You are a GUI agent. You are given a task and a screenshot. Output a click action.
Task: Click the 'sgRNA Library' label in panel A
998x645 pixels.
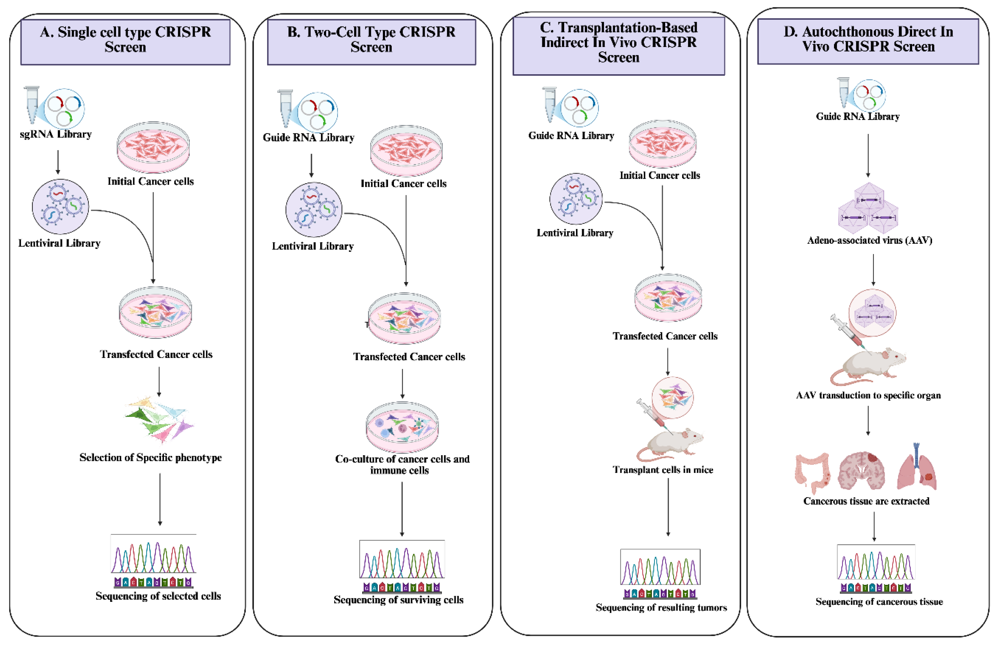point(56,134)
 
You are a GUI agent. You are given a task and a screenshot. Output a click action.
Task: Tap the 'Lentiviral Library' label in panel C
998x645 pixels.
point(575,233)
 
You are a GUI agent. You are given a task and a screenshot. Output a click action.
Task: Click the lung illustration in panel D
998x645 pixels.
point(917,469)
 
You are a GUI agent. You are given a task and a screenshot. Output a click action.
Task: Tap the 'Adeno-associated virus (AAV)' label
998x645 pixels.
point(869,240)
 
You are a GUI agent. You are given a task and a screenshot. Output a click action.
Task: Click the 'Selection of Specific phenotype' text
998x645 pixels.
point(150,457)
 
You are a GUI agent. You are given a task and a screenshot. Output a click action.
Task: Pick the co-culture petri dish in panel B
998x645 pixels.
point(402,427)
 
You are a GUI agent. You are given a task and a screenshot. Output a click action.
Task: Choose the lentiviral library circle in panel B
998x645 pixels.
point(314,210)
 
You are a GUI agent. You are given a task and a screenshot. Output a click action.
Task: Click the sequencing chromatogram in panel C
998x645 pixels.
point(660,568)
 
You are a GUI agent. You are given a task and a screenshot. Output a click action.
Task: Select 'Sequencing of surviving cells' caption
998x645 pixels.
point(398,600)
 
